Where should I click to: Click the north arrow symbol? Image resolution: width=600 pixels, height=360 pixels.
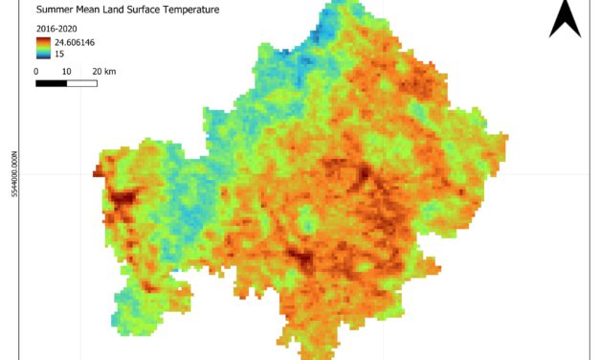tap(565, 18)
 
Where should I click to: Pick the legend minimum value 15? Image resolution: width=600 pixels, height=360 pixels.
tap(59, 54)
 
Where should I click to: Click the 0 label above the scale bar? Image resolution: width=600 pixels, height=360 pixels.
tap(35, 71)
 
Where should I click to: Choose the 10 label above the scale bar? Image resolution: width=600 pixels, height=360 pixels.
tap(65, 71)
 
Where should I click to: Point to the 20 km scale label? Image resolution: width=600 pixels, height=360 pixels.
tap(103, 71)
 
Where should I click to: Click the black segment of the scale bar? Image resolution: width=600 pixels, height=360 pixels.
tap(51, 83)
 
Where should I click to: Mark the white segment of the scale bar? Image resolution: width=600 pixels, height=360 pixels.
tap(81, 83)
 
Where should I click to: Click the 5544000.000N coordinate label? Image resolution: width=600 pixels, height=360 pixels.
tap(13, 173)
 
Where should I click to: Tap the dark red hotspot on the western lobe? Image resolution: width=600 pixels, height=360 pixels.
tap(122, 200)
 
